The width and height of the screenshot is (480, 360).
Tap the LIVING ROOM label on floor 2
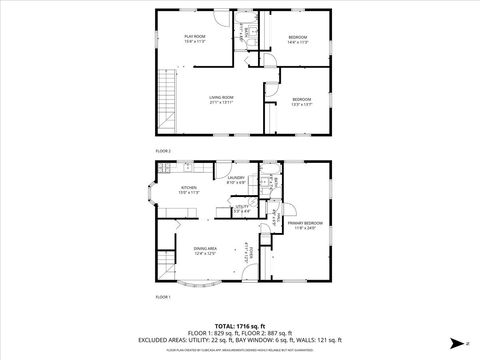click(222, 97)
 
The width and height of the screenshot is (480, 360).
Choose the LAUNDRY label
click(236, 177)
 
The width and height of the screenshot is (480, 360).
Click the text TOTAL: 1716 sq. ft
click(239, 324)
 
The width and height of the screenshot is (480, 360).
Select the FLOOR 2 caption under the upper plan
click(163, 151)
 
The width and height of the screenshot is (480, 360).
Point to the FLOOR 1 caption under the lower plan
click(163, 297)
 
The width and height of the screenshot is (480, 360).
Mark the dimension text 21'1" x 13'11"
click(222, 103)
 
